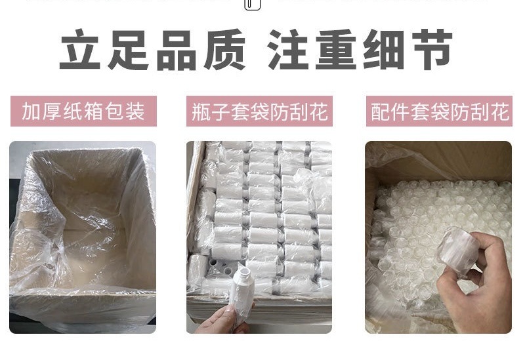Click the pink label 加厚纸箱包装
point(83,111)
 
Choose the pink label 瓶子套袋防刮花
point(260,111)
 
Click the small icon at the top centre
point(253,5)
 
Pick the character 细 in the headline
point(385,50)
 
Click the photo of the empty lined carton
point(83,237)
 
